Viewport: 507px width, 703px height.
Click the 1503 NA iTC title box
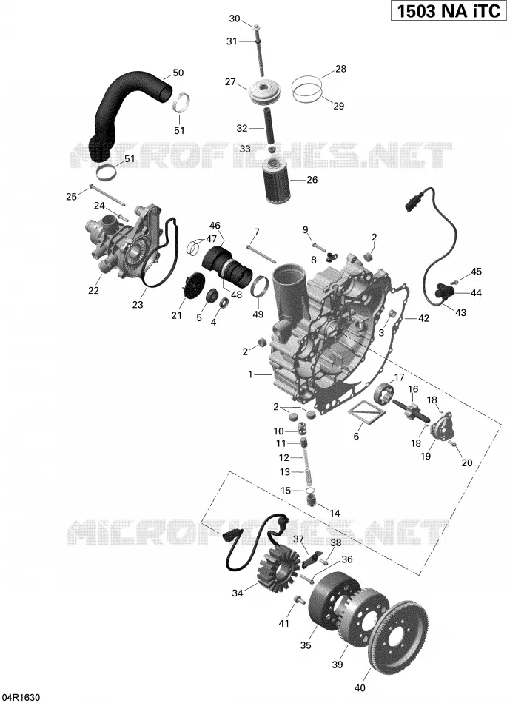point(449,11)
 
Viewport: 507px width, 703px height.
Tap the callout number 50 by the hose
point(178,73)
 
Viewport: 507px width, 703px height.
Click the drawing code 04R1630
point(21,697)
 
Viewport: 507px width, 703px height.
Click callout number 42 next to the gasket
point(423,318)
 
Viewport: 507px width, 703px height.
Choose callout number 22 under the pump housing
point(93,291)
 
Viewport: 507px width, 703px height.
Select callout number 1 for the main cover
point(251,374)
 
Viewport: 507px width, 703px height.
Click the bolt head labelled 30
point(255,27)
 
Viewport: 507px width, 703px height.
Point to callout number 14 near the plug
point(335,514)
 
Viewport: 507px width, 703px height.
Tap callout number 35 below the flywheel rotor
point(305,645)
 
